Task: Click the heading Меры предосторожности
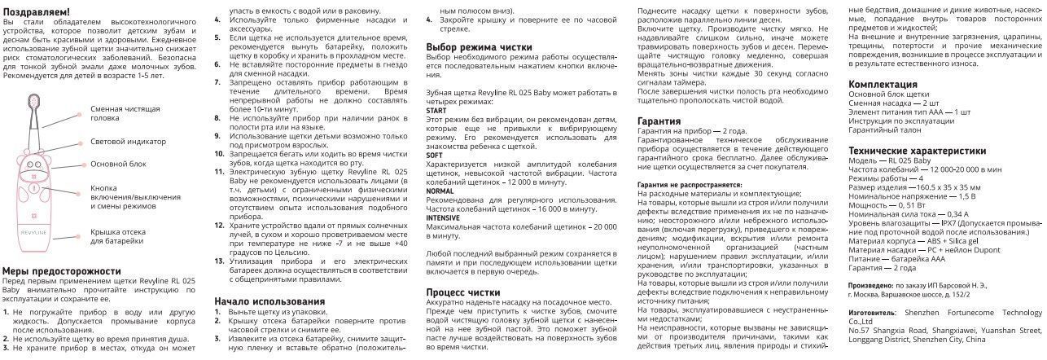pos(63,271)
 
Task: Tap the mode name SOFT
pos(435,154)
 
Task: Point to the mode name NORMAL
pos(440,191)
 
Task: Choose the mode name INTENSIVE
pos(443,218)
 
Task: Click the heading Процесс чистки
pos(463,292)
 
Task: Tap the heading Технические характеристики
pos(918,151)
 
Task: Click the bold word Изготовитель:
pos(870,313)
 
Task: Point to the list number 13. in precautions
pos(220,261)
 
